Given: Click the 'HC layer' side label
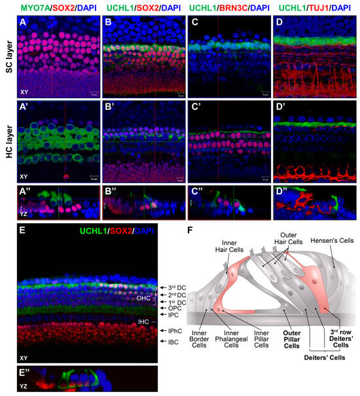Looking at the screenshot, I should coord(6,138).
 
